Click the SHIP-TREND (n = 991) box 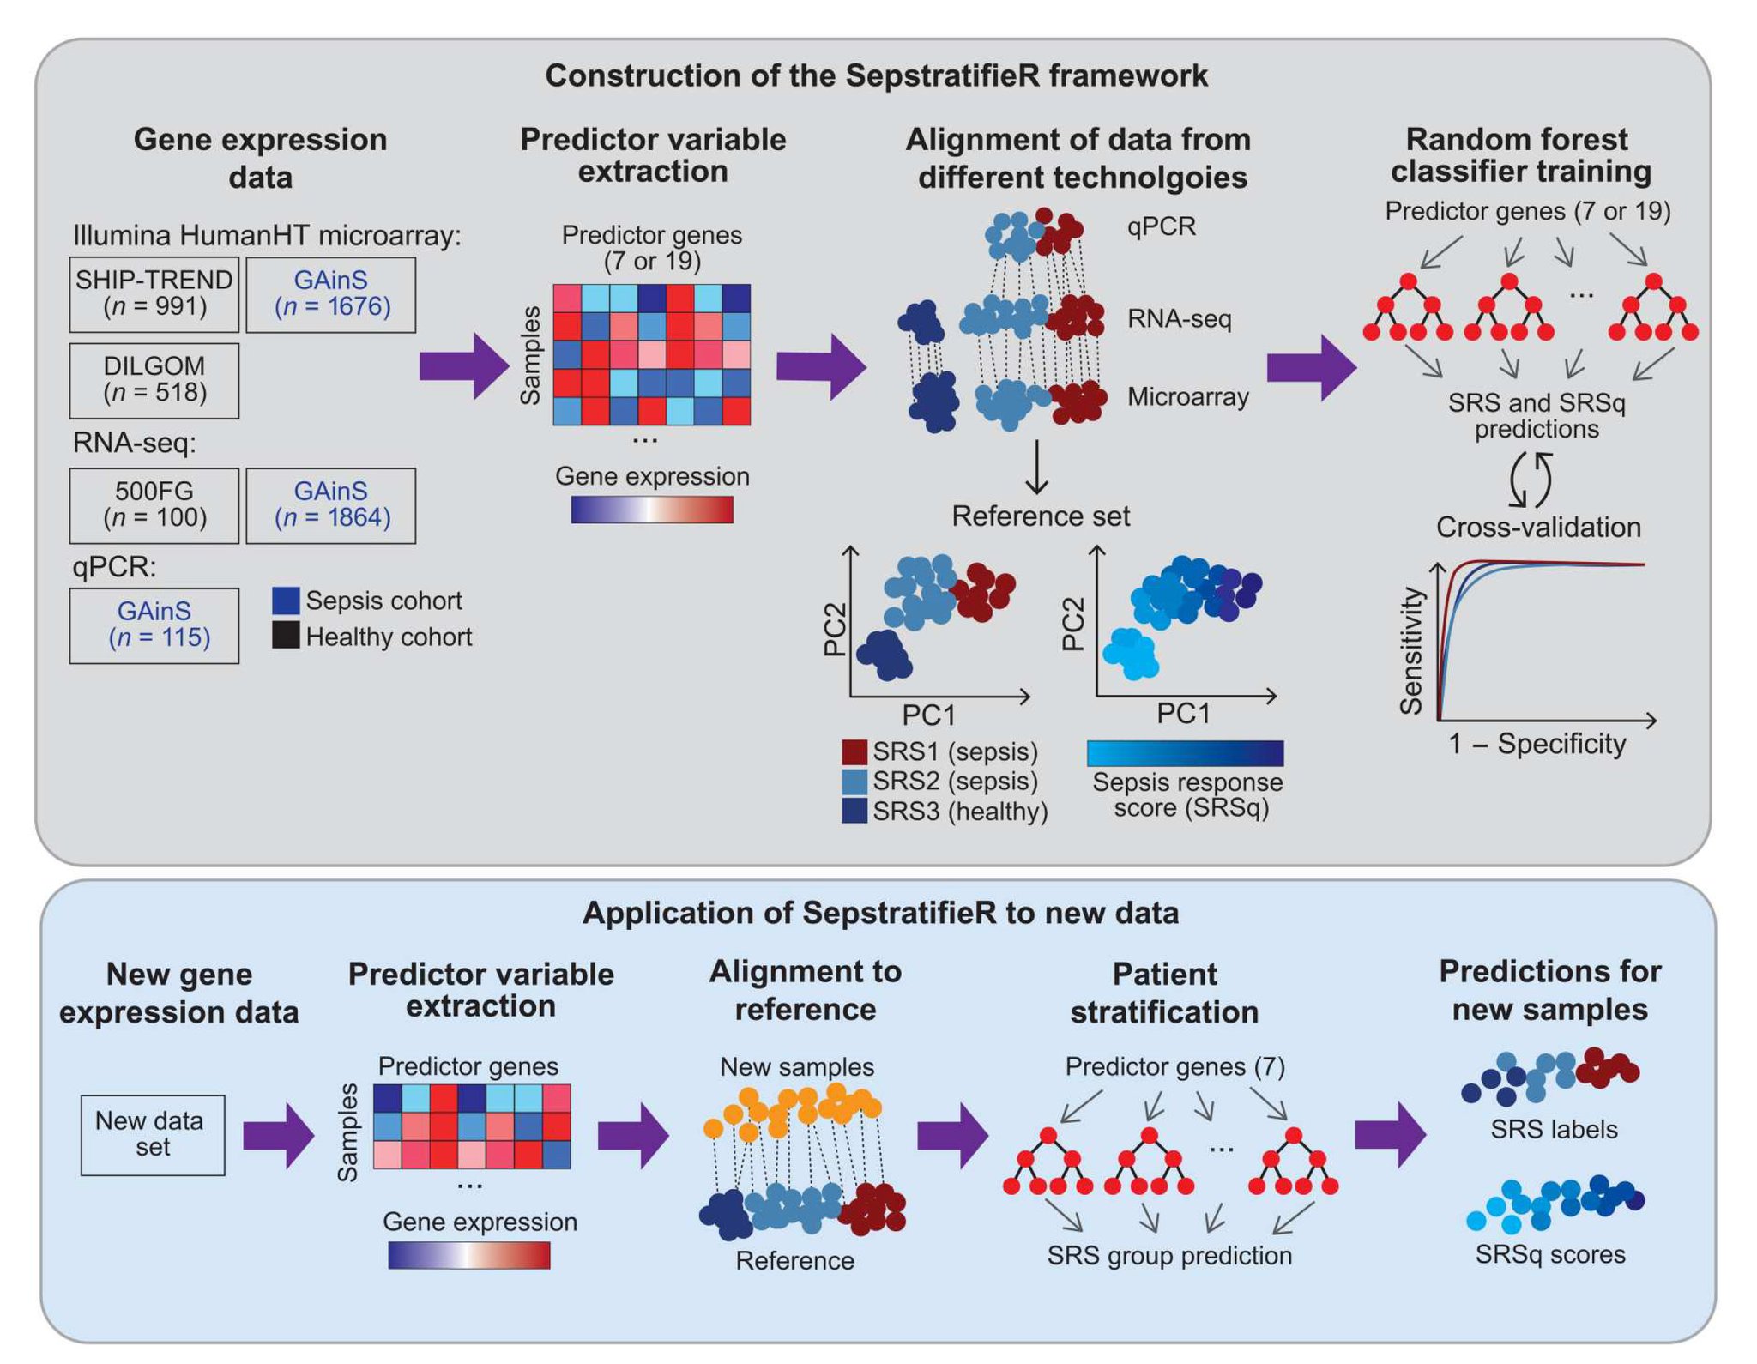point(154,294)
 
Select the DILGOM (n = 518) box point(154,380)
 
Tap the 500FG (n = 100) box point(154,505)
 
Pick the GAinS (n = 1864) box point(331,505)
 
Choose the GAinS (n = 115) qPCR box point(154,625)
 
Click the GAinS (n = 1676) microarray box point(331,294)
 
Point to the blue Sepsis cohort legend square point(286,601)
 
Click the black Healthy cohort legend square point(286,636)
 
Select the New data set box point(153,1134)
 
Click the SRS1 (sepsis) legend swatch point(854,752)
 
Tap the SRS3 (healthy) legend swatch point(854,811)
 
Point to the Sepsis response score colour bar point(1185,753)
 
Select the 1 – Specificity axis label point(1537,744)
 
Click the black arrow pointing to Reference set point(1037,468)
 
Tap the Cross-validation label point(1538,527)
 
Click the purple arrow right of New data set point(278,1135)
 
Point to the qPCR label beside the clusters point(1161,226)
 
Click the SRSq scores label point(1550,1254)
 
